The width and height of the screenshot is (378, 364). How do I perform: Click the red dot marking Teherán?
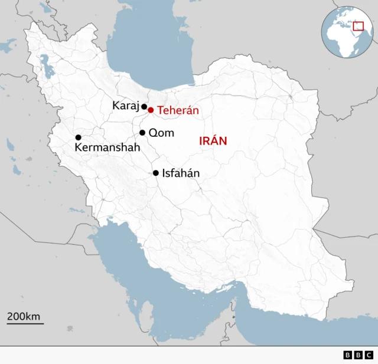[x=151, y=110]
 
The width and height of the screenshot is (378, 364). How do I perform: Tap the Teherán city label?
[x=178, y=110]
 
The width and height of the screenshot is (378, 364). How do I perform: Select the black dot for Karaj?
[x=144, y=107]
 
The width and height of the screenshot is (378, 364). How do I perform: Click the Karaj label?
[x=125, y=106]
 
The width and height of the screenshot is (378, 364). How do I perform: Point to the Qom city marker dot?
[x=142, y=133]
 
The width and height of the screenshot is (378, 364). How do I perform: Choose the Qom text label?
[x=161, y=133]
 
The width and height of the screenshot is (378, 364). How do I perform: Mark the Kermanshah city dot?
[x=78, y=137]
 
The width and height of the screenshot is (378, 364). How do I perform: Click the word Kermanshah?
[x=107, y=147]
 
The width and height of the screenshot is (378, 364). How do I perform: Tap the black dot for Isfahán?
[x=156, y=173]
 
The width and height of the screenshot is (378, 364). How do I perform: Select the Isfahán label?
[x=181, y=173]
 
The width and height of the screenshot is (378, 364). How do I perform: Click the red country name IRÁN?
[x=213, y=141]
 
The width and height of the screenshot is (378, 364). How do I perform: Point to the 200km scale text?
[x=24, y=316]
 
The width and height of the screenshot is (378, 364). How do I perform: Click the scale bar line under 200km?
[x=25, y=324]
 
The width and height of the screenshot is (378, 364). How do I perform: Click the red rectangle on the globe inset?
[x=358, y=25]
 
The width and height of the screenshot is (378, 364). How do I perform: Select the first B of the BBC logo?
[x=347, y=355]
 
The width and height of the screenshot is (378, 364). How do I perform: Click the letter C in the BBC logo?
[x=369, y=355]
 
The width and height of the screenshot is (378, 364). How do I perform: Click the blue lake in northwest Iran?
[x=45, y=65]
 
